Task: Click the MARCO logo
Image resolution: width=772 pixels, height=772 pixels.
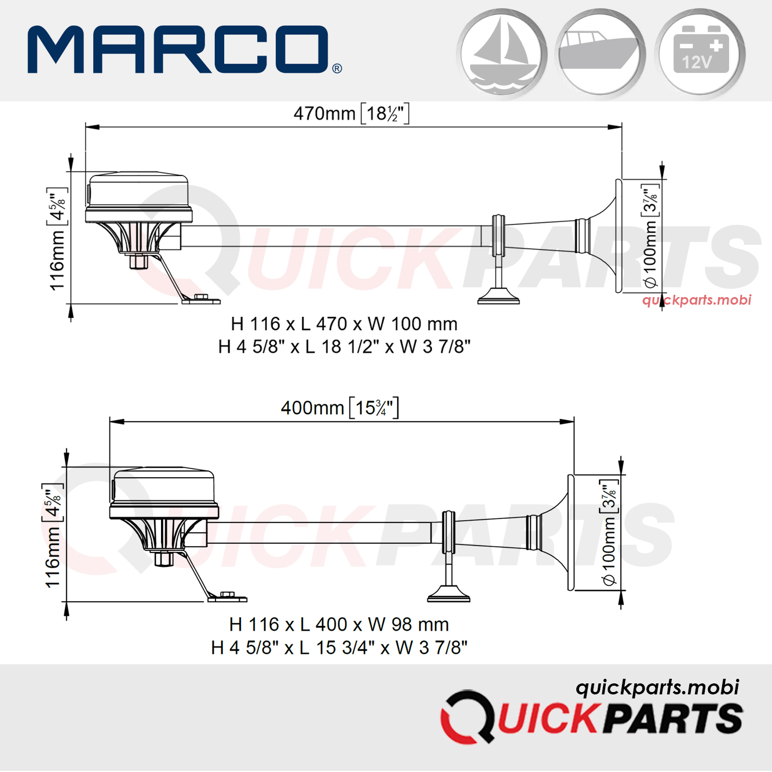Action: (184, 50)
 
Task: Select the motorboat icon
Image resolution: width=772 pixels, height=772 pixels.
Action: (600, 54)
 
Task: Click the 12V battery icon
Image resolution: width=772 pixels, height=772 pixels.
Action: (700, 54)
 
